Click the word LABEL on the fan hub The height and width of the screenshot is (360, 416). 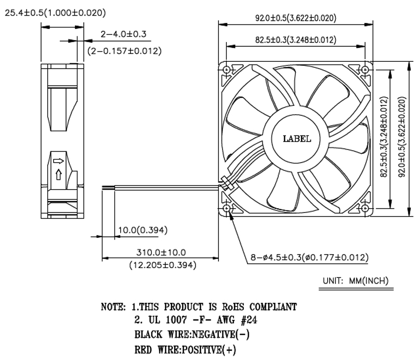click(x=297, y=139)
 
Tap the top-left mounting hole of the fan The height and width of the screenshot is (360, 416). click(x=227, y=70)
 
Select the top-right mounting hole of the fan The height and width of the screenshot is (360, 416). click(x=365, y=70)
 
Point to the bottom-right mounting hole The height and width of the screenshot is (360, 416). click(x=365, y=208)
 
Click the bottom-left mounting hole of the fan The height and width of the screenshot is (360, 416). click(x=227, y=208)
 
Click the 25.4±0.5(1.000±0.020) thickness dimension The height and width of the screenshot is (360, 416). click(x=55, y=12)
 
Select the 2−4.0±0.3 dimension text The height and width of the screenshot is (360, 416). click(x=123, y=34)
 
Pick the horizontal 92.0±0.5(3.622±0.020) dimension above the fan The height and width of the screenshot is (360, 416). click(x=295, y=18)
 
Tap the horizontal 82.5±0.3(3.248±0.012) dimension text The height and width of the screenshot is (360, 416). click(x=295, y=40)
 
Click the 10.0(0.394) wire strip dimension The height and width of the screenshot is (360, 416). click(x=142, y=230)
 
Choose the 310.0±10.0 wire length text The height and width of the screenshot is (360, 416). click(x=161, y=252)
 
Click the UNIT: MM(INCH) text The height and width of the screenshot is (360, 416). click(x=356, y=281)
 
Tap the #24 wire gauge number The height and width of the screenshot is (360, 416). click(x=249, y=320)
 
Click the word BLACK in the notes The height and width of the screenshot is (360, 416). click(x=148, y=335)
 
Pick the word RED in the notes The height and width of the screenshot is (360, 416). click(x=144, y=350)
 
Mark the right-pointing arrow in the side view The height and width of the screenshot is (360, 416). click(x=58, y=161)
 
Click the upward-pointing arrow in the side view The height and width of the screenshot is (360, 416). click(x=59, y=175)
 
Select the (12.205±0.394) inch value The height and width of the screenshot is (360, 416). click(x=163, y=265)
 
